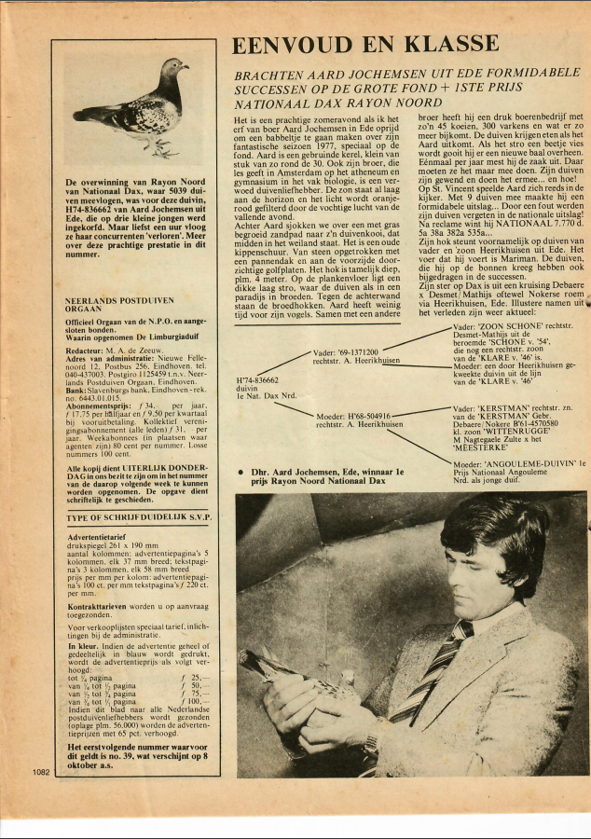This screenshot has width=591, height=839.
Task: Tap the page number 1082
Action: [40, 771]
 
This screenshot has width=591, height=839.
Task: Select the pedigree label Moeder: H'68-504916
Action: [355, 416]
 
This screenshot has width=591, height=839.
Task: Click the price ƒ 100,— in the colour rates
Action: [194, 702]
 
